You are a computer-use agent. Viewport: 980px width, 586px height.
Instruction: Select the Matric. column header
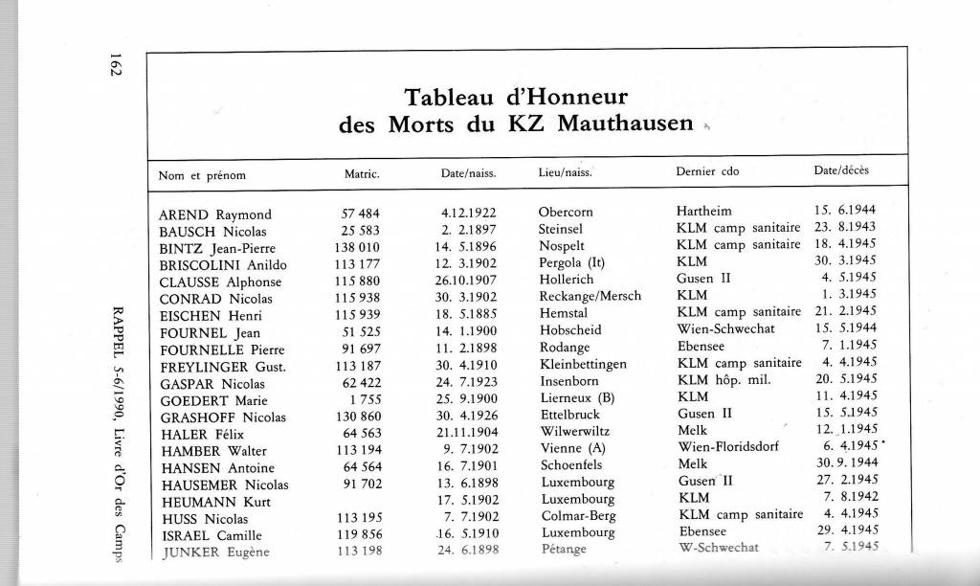click(x=362, y=174)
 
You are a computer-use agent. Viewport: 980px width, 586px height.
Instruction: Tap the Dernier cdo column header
click(x=707, y=173)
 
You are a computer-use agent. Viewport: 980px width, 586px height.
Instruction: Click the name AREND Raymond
click(x=214, y=214)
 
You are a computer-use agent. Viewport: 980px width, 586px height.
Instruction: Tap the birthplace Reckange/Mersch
click(x=590, y=297)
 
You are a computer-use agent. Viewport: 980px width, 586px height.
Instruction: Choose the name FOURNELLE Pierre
click(x=222, y=349)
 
